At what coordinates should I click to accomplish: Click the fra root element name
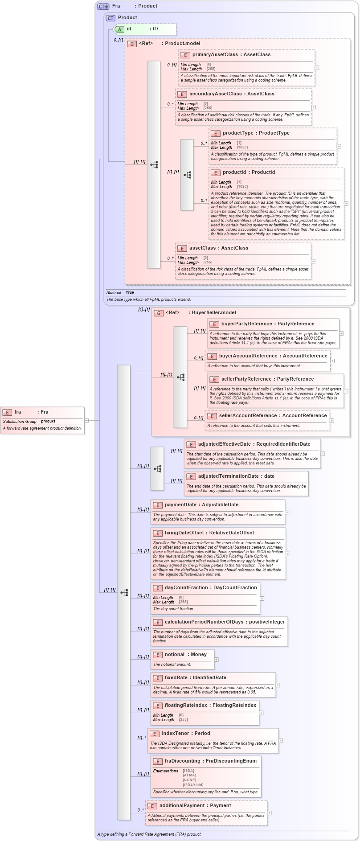(18, 412)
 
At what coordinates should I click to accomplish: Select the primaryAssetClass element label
(215, 55)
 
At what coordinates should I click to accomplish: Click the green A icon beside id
(119, 29)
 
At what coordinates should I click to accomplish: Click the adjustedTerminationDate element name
(228, 476)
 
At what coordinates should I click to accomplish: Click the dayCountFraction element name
(186, 588)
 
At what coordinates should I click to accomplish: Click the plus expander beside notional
(217, 660)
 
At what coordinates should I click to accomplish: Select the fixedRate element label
(176, 678)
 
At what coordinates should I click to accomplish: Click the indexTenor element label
(175, 734)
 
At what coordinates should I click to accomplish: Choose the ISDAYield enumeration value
(193, 785)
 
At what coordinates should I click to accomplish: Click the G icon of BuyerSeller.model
(159, 313)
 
